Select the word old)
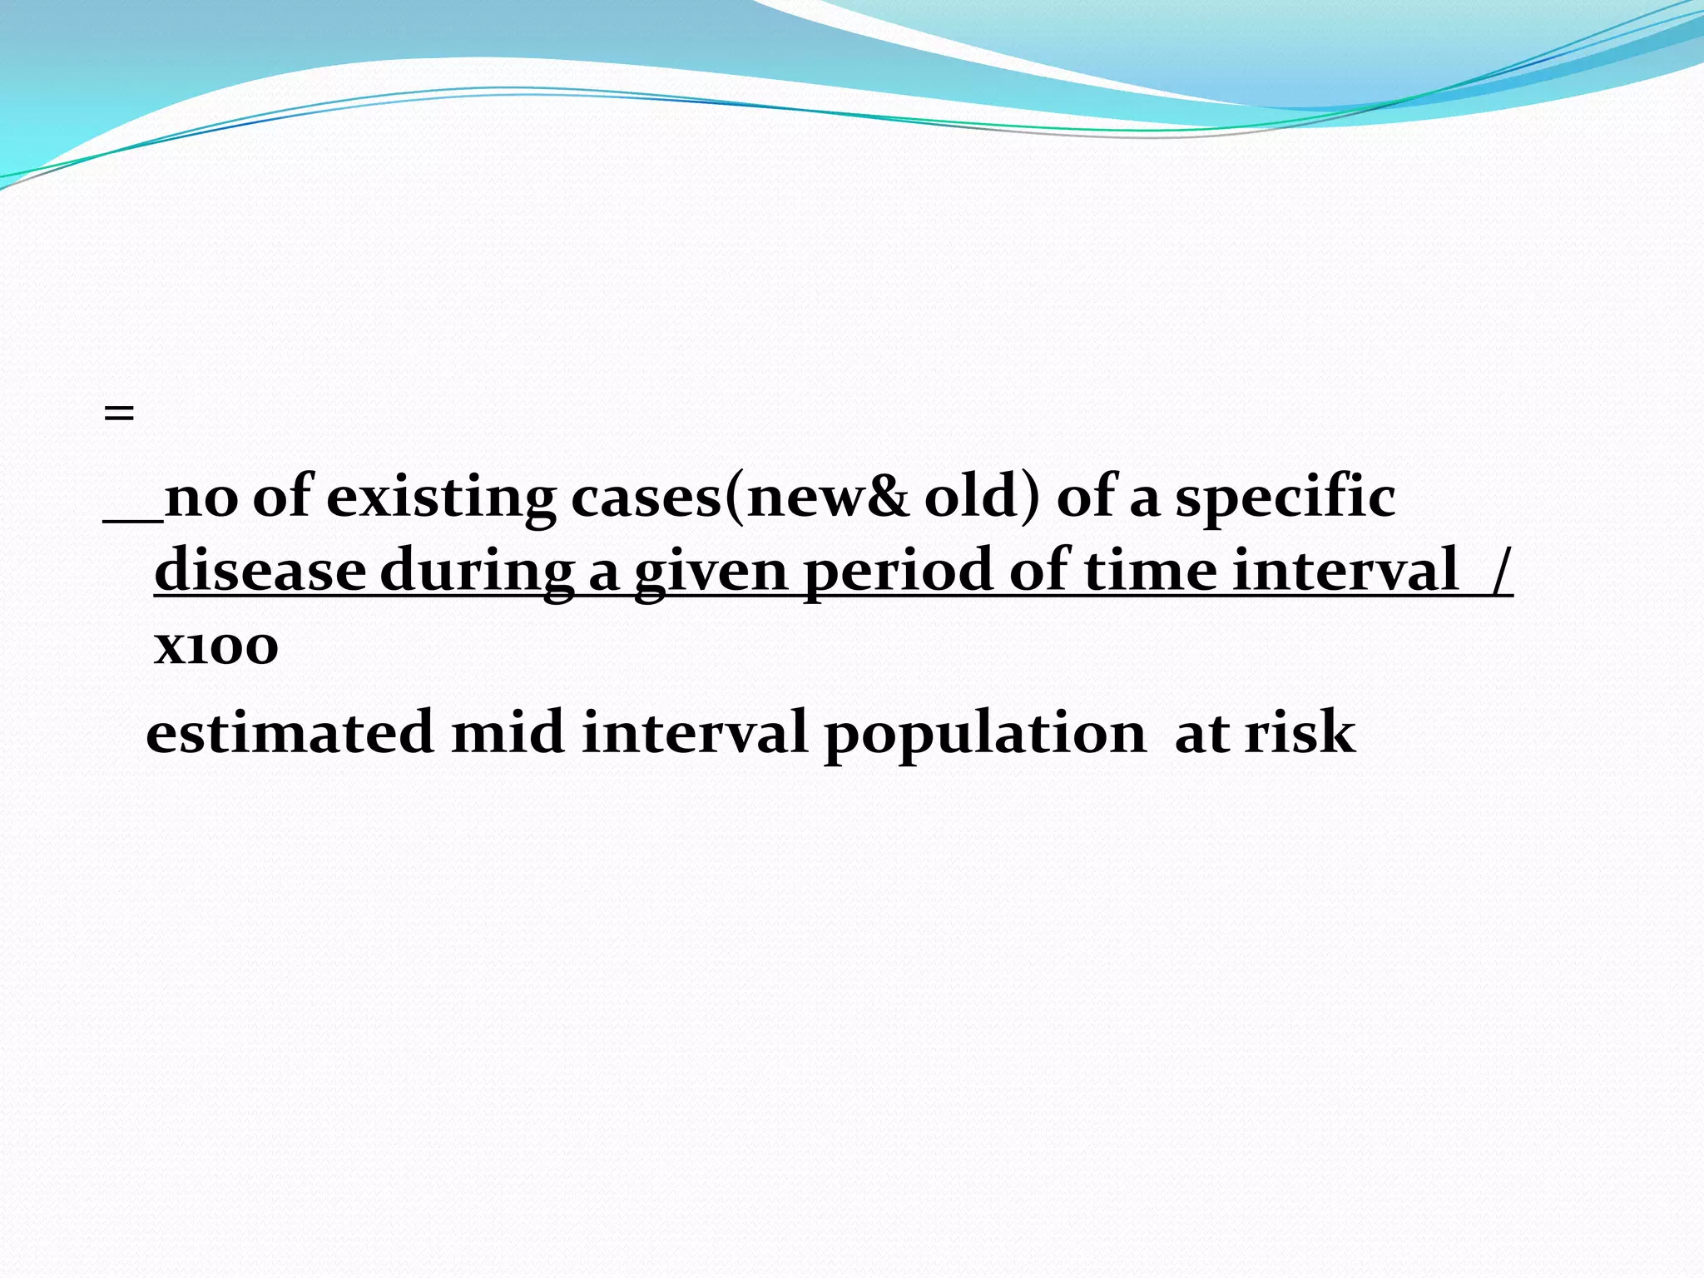click(x=983, y=498)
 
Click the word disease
click(x=260, y=571)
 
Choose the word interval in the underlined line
click(x=1345, y=571)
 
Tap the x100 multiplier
click(x=215, y=646)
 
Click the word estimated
click(x=290, y=733)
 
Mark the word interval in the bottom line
click(x=694, y=733)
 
